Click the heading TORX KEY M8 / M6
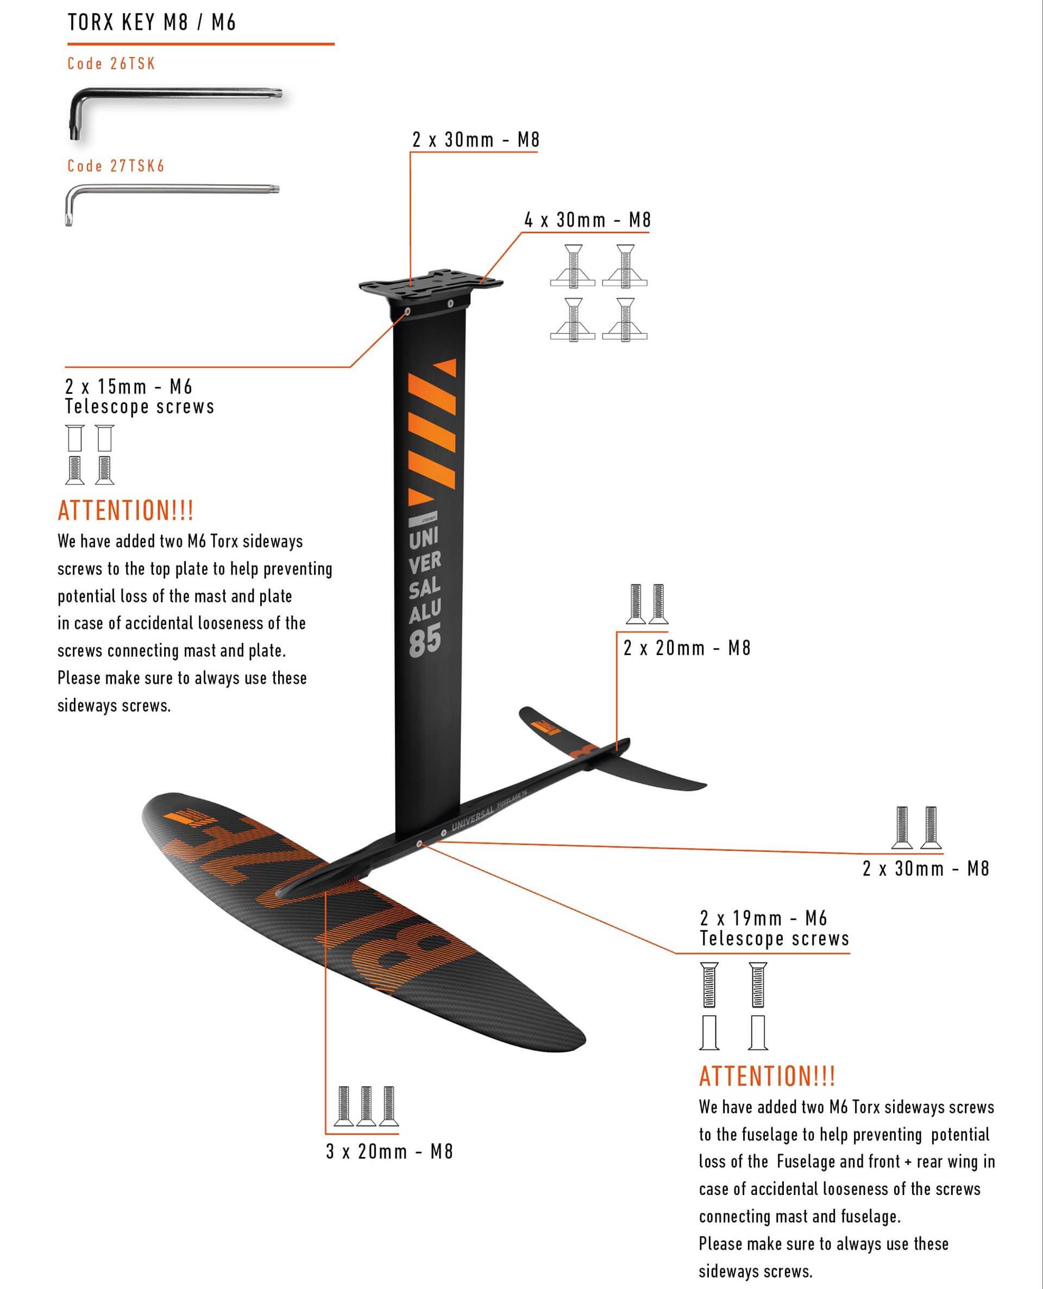coord(152,23)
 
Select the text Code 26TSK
coord(111,64)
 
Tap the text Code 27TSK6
coord(116,166)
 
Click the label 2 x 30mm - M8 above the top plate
coord(475,140)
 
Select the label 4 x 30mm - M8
coord(587,221)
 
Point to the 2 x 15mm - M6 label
coord(129,386)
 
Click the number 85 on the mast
coord(425,640)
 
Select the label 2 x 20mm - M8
coord(687,648)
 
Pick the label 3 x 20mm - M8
coord(389,1152)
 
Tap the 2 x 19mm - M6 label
coord(763,919)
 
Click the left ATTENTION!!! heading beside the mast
coord(125,511)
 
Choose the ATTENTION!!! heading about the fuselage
coord(766,1076)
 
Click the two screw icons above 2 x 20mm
coord(648,603)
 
